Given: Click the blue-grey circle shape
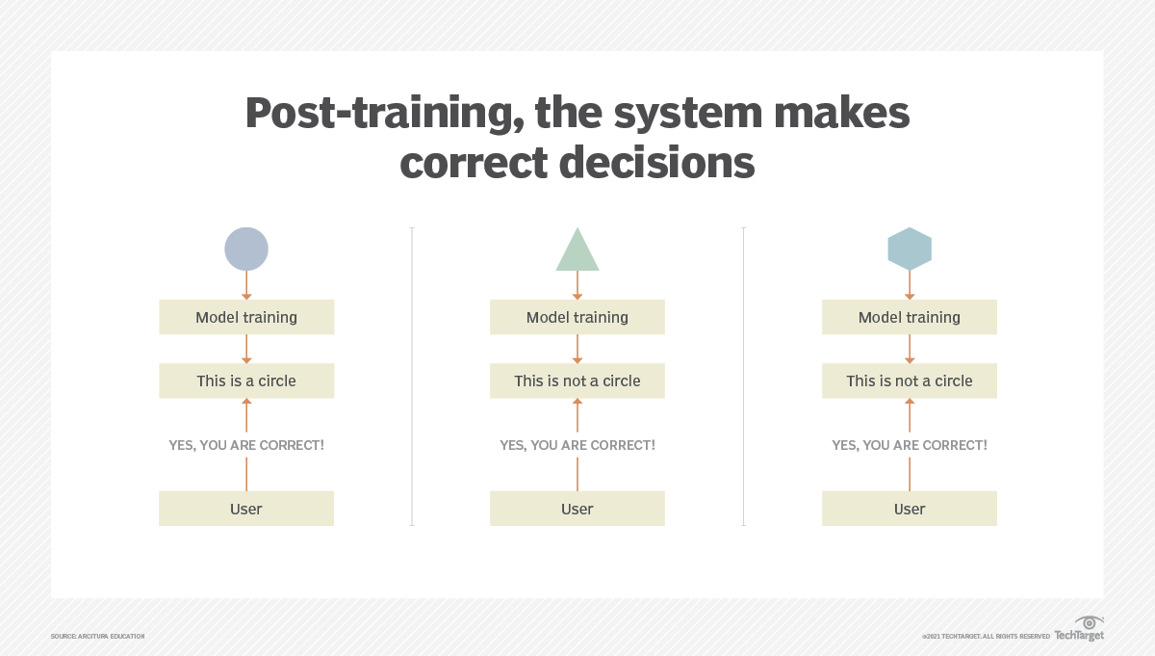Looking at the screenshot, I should (246, 249).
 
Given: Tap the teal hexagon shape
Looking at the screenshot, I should (910, 249).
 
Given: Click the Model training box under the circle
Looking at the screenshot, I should (246, 317).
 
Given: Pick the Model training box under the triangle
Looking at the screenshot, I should (577, 317).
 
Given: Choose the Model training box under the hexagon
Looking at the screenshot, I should (910, 317).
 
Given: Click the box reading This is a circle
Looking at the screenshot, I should (246, 380).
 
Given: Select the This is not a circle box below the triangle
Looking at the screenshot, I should (577, 380).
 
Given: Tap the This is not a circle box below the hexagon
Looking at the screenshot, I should (910, 380).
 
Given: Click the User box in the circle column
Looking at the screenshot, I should (246, 509).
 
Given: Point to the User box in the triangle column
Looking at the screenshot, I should (577, 509).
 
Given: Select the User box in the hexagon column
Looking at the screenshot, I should (910, 509).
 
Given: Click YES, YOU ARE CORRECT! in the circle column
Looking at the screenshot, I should (246, 445).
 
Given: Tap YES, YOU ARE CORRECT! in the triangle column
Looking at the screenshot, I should (577, 445).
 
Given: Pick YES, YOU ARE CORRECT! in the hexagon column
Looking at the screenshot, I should (910, 445).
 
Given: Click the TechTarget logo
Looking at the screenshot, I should (1079, 629).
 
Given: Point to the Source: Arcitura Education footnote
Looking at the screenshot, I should (97, 637).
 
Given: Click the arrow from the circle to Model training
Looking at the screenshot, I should (246, 285).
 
